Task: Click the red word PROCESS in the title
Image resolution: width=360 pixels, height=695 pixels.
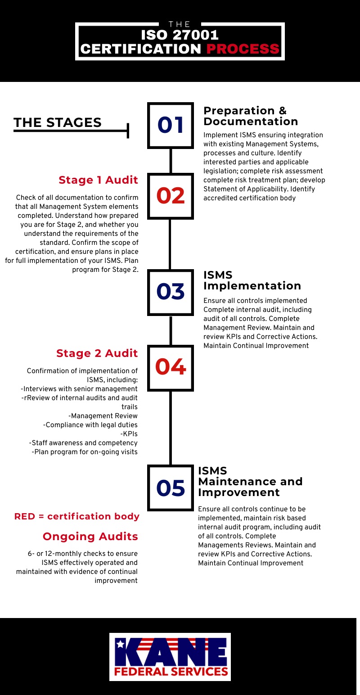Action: tap(243, 49)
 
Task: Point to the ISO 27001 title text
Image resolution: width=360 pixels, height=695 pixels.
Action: tap(180, 35)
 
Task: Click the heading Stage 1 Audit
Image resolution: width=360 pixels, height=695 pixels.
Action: tap(98, 180)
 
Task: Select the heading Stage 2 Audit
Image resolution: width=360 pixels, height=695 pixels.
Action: tap(97, 353)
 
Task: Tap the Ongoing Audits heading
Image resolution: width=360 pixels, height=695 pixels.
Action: tap(90, 537)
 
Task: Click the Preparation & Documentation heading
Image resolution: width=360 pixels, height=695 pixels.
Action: tap(251, 116)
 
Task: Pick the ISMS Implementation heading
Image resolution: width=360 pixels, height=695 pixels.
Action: tap(252, 280)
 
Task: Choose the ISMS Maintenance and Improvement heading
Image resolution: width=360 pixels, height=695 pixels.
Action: tap(250, 482)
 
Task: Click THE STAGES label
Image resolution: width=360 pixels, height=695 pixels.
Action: tap(57, 122)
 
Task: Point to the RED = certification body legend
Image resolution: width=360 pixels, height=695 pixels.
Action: tap(77, 516)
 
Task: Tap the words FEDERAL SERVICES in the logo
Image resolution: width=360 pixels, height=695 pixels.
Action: tap(171, 672)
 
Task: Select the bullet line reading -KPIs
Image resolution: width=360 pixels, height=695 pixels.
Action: tap(129, 434)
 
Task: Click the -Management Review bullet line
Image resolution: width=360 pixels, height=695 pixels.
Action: tap(103, 416)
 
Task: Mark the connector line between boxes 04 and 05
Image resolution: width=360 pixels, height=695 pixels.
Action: tap(171, 428)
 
